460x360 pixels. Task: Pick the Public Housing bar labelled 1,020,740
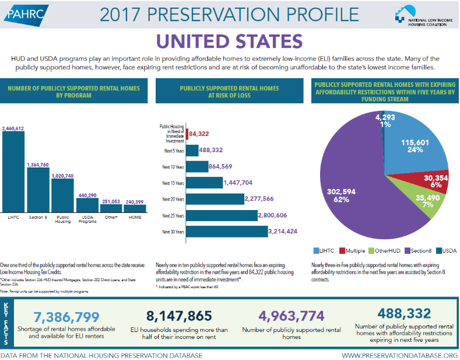(62, 196)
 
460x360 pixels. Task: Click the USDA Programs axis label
(86, 221)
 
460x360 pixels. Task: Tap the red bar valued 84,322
(187, 134)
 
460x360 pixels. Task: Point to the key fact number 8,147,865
(179, 316)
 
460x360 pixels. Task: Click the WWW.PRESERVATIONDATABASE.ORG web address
(399, 355)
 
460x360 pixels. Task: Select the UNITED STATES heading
(229, 41)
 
